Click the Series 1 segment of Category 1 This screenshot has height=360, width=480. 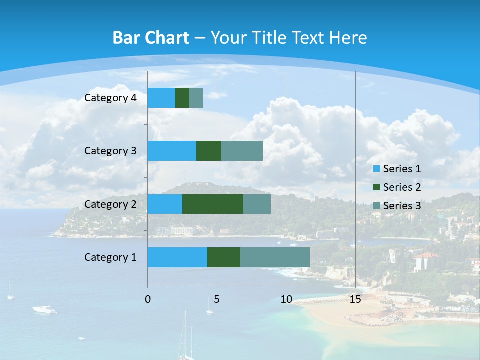click(x=177, y=257)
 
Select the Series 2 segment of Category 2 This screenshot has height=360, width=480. click(x=213, y=204)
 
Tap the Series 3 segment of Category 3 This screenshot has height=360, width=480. click(x=242, y=151)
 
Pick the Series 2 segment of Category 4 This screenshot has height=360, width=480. click(x=182, y=98)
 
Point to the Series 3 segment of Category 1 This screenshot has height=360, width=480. click(x=275, y=257)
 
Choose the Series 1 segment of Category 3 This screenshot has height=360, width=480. click(x=172, y=151)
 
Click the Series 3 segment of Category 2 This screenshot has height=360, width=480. click(x=257, y=204)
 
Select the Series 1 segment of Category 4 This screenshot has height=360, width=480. click(x=161, y=98)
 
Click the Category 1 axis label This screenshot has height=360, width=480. click(x=110, y=257)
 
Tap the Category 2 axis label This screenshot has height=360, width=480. click(x=110, y=204)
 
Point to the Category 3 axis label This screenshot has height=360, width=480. click(x=110, y=151)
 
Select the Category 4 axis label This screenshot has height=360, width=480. click(x=110, y=98)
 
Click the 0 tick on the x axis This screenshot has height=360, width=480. click(x=148, y=299)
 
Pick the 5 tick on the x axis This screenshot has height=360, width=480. click(x=217, y=299)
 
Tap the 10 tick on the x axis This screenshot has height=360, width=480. click(x=286, y=299)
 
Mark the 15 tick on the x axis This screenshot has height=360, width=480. click(x=355, y=299)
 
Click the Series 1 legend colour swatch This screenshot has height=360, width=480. click(x=377, y=169)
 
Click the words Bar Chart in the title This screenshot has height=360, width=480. click(x=150, y=38)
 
